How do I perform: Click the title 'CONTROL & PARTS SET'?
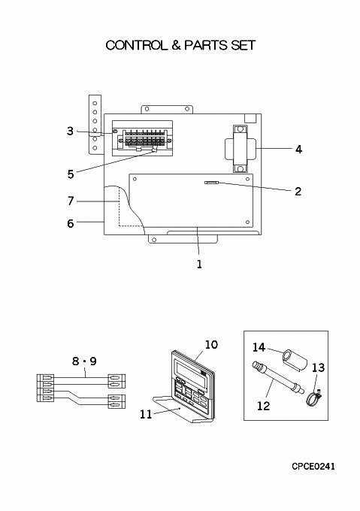(180, 45)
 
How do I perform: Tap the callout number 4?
(298, 150)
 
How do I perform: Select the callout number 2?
(298, 192)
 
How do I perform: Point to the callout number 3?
(70, 131)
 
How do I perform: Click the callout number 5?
(71, 174)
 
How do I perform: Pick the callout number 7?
(71, 201)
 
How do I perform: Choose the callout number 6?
(71, 224)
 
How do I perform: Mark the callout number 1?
(199, 264)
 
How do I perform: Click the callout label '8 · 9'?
(84, 361)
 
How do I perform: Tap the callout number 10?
(211, 344)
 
